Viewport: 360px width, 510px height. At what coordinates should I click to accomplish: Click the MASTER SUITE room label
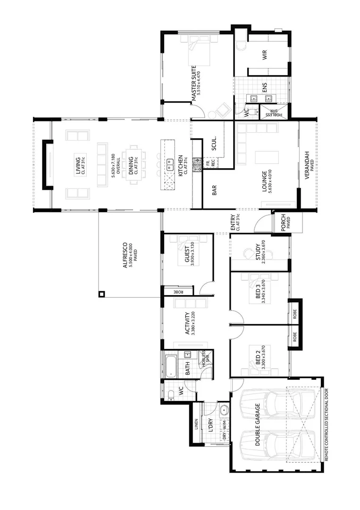tap(193, 84)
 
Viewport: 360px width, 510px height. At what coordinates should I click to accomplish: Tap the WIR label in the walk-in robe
tap(265, 55)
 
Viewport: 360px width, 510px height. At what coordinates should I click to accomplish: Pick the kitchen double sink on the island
tap(168, 164)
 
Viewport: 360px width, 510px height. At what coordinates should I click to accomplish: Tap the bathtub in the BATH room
tap(170, 365)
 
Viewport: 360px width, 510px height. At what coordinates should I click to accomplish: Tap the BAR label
tap(214, 190)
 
